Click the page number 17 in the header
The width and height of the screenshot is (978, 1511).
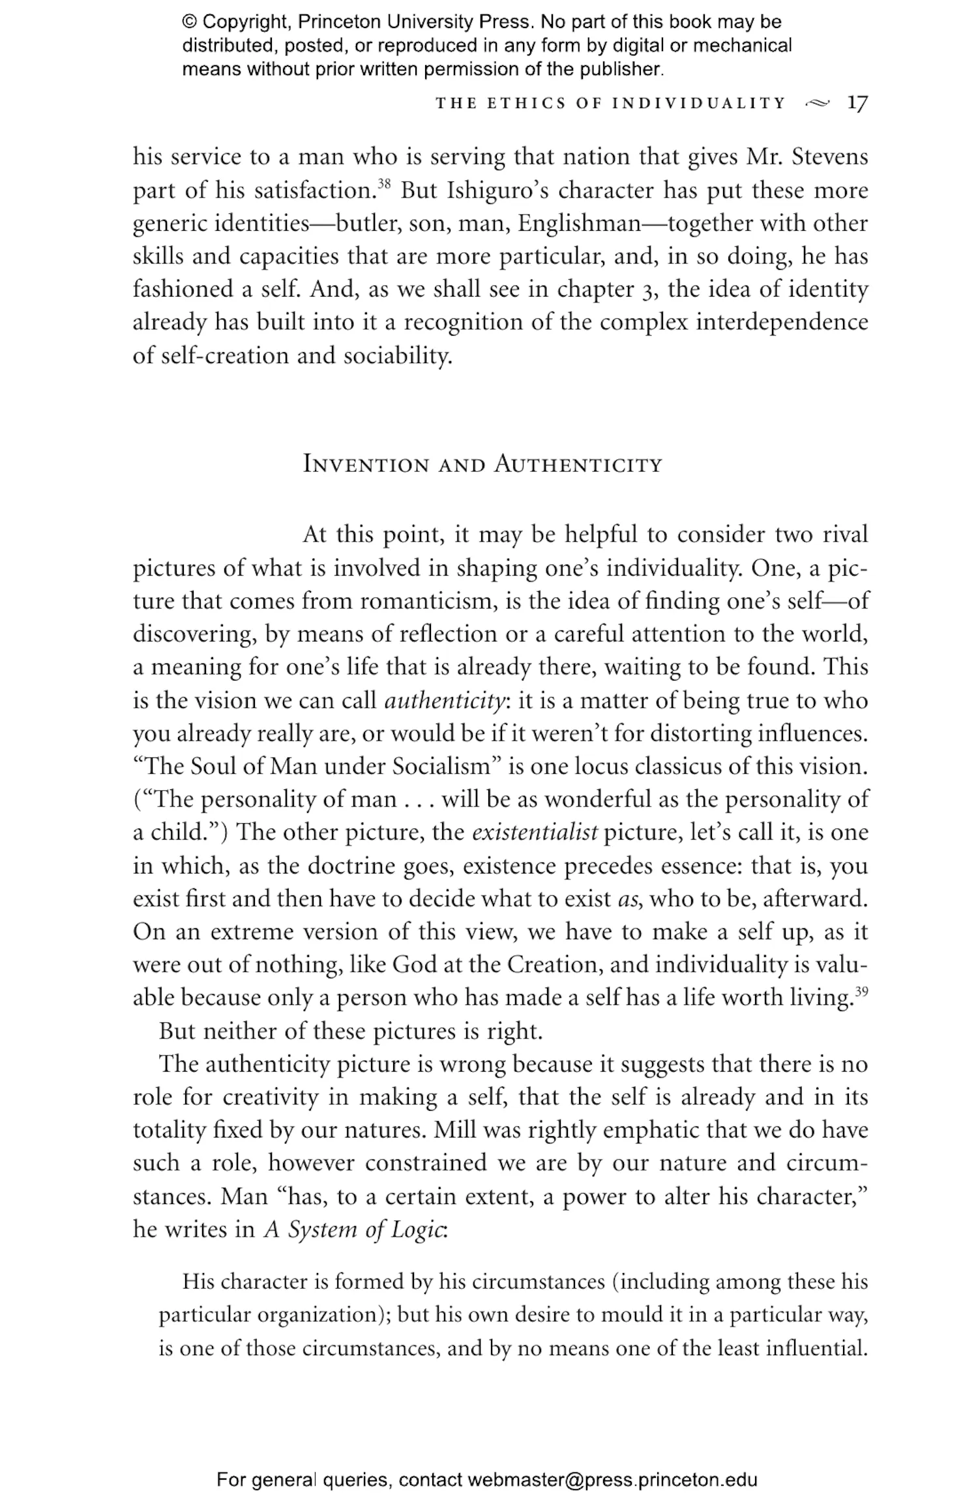click(857, 103)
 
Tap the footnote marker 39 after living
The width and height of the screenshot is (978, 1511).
click(861, 991)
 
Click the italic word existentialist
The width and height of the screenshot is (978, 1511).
click(534, 833)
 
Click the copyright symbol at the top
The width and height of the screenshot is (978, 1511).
click(189, 22)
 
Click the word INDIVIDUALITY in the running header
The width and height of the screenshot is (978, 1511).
click(699, 104)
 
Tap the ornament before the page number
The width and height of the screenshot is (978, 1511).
click(818, 103)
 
